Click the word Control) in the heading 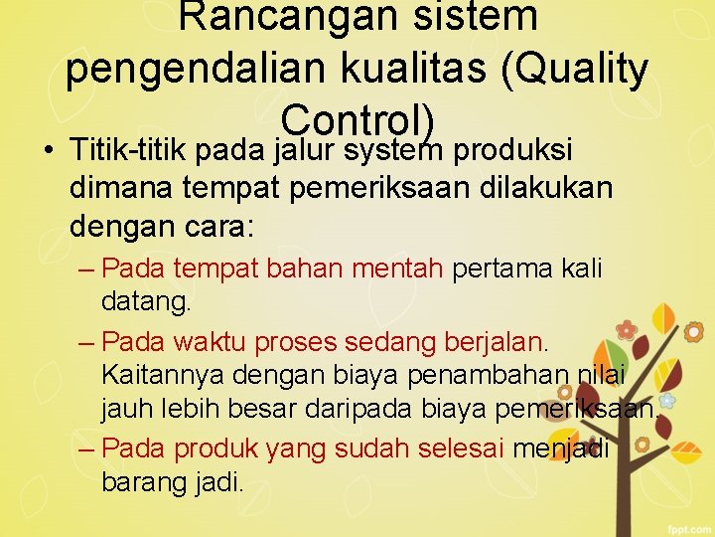click(358, 119)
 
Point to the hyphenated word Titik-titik click(129, 151)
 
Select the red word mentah click(407, 269)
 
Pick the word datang click(144, 301)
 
